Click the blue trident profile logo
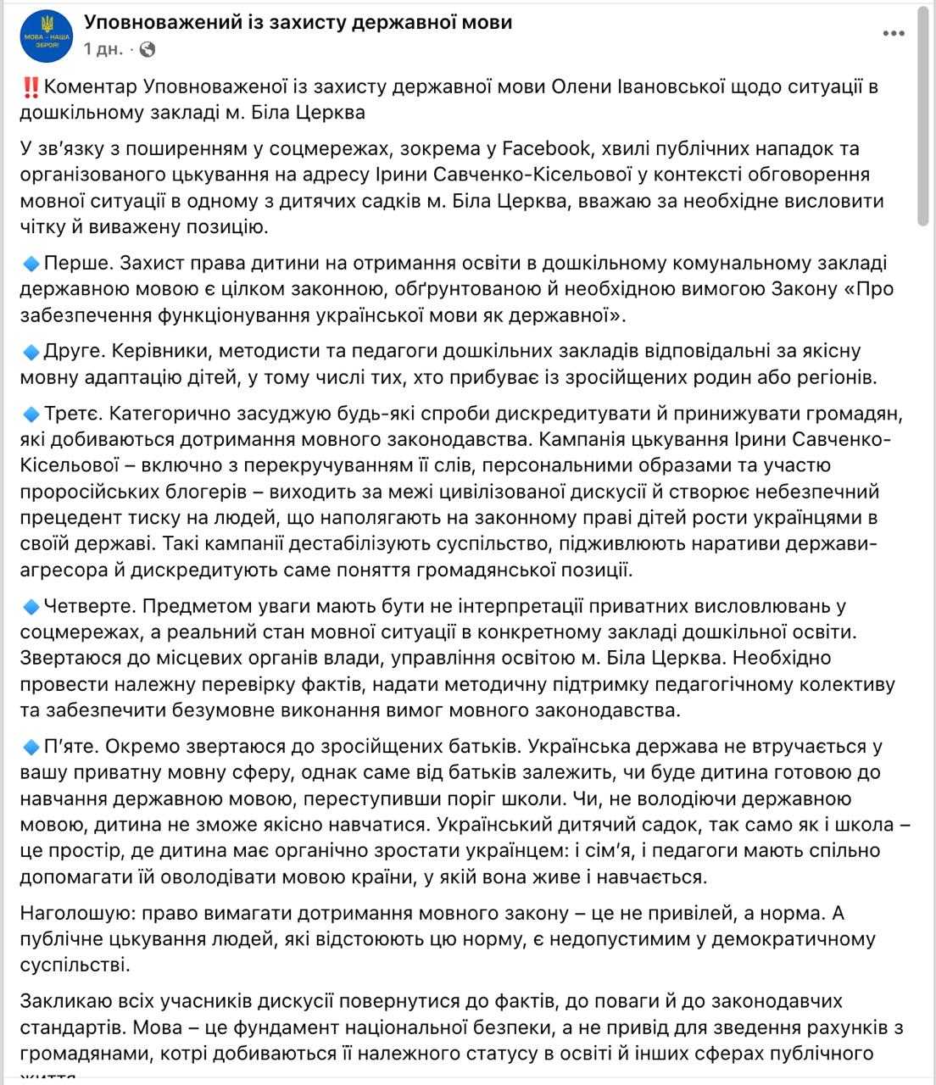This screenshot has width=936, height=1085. [x=46, y=36]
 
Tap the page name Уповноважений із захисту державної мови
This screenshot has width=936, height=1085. [x=298, y=22]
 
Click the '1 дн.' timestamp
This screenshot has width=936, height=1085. [x=103, y=49]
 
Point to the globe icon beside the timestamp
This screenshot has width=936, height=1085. [x=147, y=49]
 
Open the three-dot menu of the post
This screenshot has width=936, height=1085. [x=894, y=34]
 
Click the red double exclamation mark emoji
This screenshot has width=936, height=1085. [x=31, y=86]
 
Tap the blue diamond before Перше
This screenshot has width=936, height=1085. [x=31, y=264]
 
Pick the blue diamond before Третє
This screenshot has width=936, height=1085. [x=31, y=415]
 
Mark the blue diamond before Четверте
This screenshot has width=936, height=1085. [x=31, y=607]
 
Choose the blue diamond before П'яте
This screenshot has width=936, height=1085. [x=31, y=747]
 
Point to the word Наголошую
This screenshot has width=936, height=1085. [x=76, y=914]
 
